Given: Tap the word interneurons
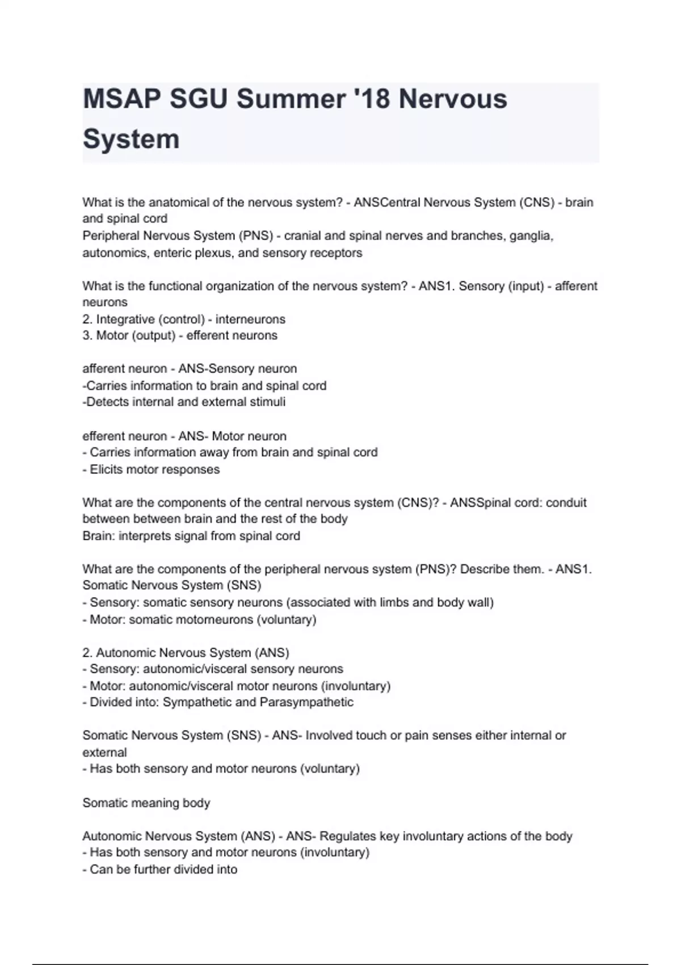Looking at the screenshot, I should (250, 319).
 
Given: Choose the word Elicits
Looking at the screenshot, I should (106, 469).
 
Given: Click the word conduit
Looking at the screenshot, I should (566, 502).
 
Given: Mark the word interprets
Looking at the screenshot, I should (145, 536).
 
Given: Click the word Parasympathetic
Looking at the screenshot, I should (306, 702).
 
